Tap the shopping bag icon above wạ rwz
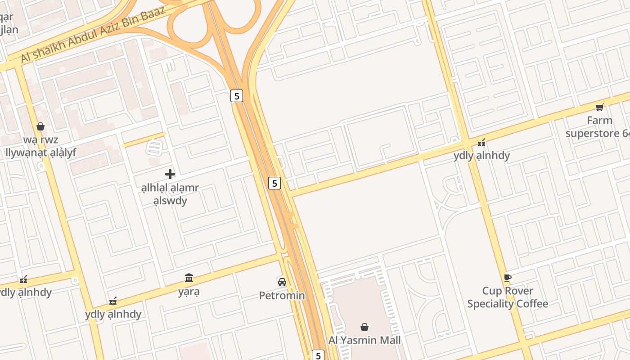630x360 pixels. (40, 126)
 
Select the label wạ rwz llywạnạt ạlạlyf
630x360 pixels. (40, 146)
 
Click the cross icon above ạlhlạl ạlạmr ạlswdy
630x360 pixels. (170, 174)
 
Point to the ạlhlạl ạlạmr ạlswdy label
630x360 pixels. (170, 194)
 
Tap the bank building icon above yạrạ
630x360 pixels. (189, 278)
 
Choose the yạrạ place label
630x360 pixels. (189, 292)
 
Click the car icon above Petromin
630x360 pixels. (282, 282)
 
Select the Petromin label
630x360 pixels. (282, 296)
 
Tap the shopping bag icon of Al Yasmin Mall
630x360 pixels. (364, 327)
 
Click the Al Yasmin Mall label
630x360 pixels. (364, 340)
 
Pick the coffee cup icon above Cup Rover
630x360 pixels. (508, 278)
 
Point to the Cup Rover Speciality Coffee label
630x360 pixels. (508, 297)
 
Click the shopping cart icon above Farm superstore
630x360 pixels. (599, 107)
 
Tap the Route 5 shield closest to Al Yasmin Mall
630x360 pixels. (318, 355)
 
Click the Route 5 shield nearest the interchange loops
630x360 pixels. (237, 96)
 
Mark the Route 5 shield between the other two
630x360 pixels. (274, 183)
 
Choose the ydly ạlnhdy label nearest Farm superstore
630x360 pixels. (481, 156)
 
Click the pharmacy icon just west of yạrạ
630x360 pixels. (113, 301)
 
